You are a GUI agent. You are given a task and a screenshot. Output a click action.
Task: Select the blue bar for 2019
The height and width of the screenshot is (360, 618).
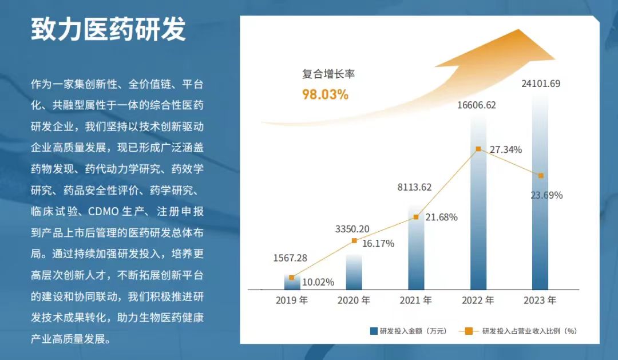(x=292, y=282)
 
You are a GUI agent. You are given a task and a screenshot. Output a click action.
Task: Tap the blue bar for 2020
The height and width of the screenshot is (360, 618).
(x=354, y=272)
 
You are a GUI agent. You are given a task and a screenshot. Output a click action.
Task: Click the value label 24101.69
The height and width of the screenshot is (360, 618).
(x=540, y=84)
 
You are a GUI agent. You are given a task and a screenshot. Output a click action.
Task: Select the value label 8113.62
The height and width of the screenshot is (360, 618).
(x=414, y=187)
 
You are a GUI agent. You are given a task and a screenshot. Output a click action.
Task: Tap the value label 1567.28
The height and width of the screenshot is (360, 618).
(x=290, y=258)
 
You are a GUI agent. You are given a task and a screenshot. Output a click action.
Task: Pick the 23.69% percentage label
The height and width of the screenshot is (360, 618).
(x=546, y=195)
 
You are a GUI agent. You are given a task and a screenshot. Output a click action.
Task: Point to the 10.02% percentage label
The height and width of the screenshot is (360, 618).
(x=318, y=282)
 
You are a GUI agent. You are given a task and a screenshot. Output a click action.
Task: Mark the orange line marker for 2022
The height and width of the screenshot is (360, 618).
(x=478, y=149)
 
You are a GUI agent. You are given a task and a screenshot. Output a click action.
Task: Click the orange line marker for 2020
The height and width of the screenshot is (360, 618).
(x=354, y=240)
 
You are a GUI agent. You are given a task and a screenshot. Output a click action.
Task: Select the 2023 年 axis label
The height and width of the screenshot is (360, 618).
(x=540, y=300)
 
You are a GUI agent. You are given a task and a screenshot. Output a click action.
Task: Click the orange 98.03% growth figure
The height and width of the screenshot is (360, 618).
(x=325, y=94)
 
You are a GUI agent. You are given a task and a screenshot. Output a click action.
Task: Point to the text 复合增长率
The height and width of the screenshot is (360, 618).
(x=324, y=74)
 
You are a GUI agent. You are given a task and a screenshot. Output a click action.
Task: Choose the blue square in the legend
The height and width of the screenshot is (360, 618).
(x=374, y=331)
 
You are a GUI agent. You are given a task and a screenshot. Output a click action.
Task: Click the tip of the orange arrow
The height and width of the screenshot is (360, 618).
(x=554, y=59)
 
